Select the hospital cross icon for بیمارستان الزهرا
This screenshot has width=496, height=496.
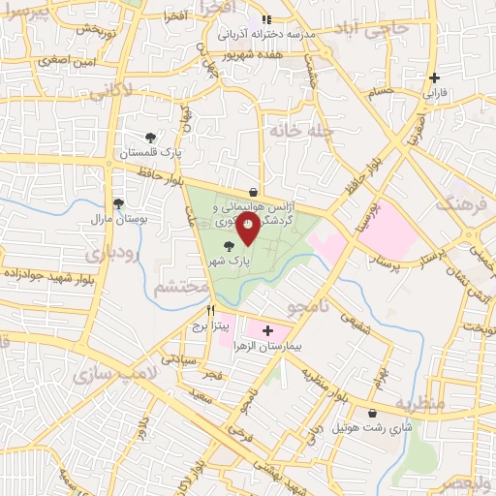click(268, 331)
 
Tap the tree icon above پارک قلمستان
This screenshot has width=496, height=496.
click(150, 139)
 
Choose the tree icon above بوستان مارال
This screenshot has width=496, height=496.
click(118, 203)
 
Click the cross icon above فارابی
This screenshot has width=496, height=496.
click(435, 77)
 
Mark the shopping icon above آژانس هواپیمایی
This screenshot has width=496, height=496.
click(253, 190)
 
